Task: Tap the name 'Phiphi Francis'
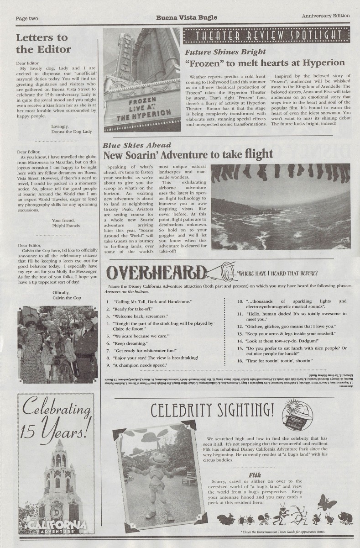67,226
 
